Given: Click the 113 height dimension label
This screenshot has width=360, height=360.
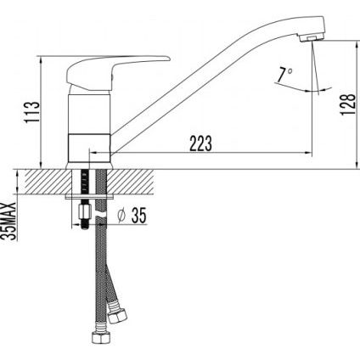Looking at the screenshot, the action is (32, 111).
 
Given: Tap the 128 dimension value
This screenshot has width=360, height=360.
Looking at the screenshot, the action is (347, 104).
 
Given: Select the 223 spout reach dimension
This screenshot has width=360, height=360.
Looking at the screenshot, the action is (200, 143).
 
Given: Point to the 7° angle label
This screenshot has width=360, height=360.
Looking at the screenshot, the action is (284, 75).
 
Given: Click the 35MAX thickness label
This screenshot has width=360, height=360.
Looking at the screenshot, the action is (9, 222).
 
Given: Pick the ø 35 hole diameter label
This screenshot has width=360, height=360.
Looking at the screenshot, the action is (132, 216).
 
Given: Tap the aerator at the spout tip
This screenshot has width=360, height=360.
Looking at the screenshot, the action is (312, 38).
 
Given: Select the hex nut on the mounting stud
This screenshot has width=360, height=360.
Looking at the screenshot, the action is (84, 211).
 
